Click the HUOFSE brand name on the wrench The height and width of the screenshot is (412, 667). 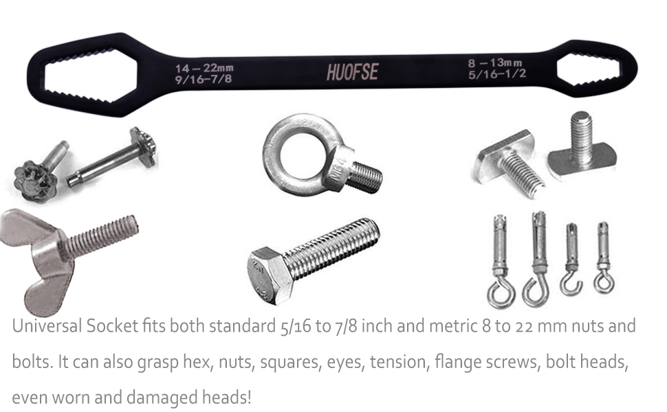click(x=352, y=72)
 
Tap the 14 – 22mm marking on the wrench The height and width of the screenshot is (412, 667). click(x=204, y=68)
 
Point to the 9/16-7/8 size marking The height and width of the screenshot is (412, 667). click(x=204, y=79)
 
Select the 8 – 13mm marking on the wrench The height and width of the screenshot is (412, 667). click(x=494, y=63)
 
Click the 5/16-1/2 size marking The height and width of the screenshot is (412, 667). click(x=497, y=74)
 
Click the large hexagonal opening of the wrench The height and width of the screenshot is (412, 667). click(x=89, y=76)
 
